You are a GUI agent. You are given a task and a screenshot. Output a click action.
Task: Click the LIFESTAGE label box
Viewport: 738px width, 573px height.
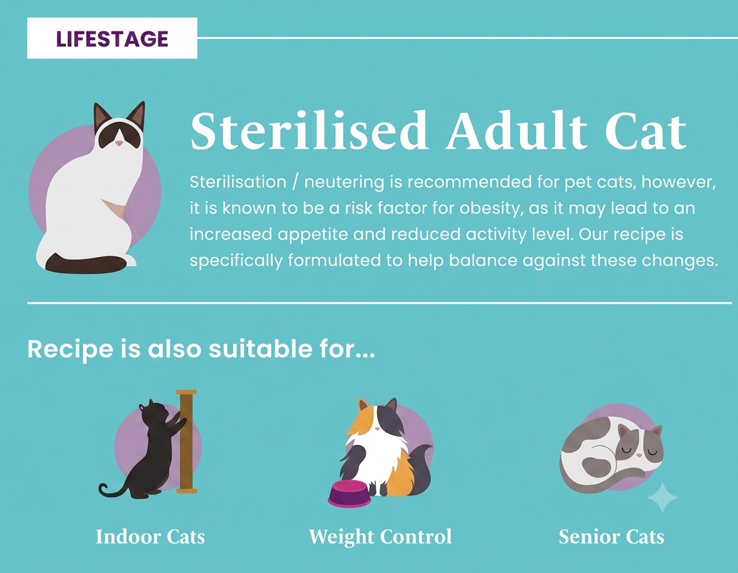click(x=112, y=38)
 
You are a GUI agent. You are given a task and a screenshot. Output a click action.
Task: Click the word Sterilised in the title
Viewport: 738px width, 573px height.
click(x=308, y=131)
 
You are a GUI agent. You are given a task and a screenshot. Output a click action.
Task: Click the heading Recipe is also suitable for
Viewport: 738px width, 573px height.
click(x=201, y=349)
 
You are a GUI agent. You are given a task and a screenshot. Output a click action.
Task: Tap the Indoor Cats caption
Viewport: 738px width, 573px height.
click(x=150, y=537)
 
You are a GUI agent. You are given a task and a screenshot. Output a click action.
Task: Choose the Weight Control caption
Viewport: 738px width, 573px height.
click(x=380, y=537)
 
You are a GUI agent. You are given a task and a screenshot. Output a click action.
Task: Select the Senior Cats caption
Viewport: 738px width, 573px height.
click(x=612, y=537)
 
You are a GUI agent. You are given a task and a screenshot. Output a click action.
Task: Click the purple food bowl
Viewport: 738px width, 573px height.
click(x=350, y=494)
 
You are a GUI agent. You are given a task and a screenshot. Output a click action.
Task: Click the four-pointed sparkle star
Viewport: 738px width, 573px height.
click(x=663, y=497)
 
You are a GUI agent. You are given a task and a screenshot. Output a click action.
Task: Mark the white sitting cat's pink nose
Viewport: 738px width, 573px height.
click(x=119, y=143)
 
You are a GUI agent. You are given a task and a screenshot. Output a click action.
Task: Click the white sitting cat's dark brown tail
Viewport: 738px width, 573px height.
click(x=85, y=263)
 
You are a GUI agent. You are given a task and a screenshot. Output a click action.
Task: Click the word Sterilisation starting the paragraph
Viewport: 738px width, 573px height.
click(x=238, y=182)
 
